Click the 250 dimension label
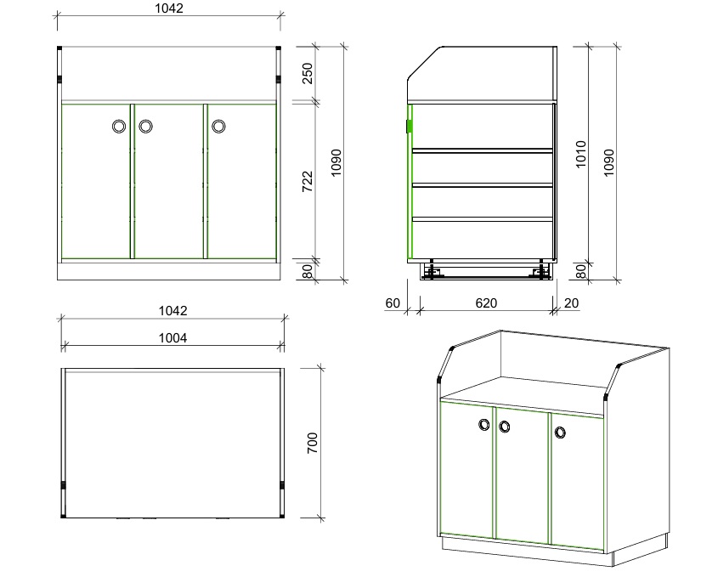pos(308,73)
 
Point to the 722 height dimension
pos(308,182)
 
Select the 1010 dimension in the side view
pos(580,154)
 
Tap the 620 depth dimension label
pos(486,303)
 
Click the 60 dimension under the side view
pos(393,303)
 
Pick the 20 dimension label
pos(571,303)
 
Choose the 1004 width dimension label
pos(173,338)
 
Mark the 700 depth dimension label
pos(313,443)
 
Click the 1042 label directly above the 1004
pos(173,311)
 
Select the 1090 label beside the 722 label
pos(336,163)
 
